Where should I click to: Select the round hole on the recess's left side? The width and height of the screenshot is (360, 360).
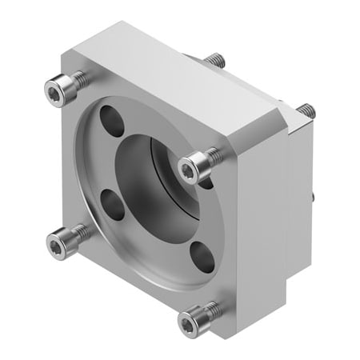click(x=113, y=205)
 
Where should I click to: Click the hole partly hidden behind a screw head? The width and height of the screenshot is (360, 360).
click(x=206, y=182)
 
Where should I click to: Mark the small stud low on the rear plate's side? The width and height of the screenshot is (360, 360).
click(x=314, y=194)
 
